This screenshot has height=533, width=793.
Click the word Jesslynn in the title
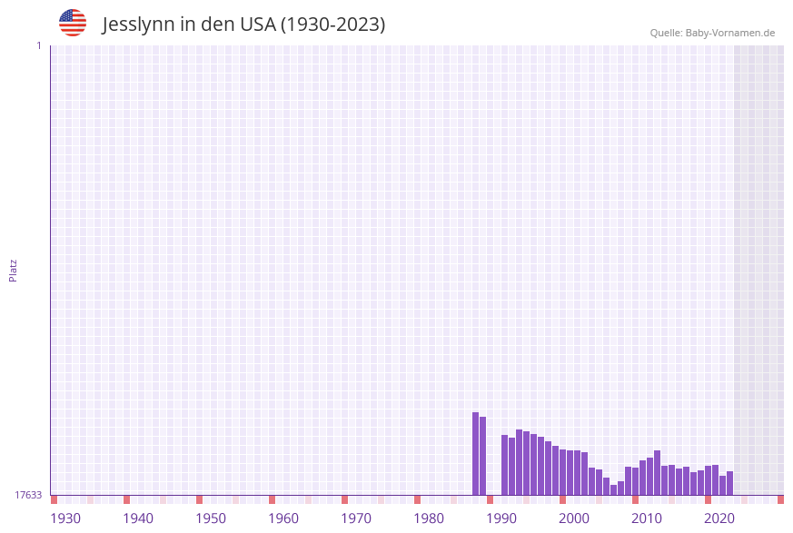pos(138,25)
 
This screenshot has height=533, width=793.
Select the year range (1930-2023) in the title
pos(332,25)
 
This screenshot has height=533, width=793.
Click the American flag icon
pos(73,23)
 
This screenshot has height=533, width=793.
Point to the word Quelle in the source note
pos(666,33)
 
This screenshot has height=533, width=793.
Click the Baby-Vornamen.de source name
pos(730,33)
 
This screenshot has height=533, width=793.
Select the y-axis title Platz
pos(14,270)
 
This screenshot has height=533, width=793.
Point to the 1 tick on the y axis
pos(38,45)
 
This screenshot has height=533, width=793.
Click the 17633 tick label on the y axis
pos(28,495)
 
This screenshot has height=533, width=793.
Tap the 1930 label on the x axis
pos(65,518)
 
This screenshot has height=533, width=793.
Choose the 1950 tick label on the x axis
pos(211,518)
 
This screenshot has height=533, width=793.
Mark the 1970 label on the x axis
pos(356,518)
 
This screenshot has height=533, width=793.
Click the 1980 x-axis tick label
pos(429,518)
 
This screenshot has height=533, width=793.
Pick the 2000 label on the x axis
pos(574,518)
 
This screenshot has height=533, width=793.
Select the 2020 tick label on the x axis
pos(719,518)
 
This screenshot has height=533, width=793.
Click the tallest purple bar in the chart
pos(475,454)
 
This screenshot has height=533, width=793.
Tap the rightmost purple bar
pos(729,483)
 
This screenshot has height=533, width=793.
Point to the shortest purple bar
pos(613,489)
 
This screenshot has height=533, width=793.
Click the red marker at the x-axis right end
pos(780,499)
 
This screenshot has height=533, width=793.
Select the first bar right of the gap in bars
pos(504,465)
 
